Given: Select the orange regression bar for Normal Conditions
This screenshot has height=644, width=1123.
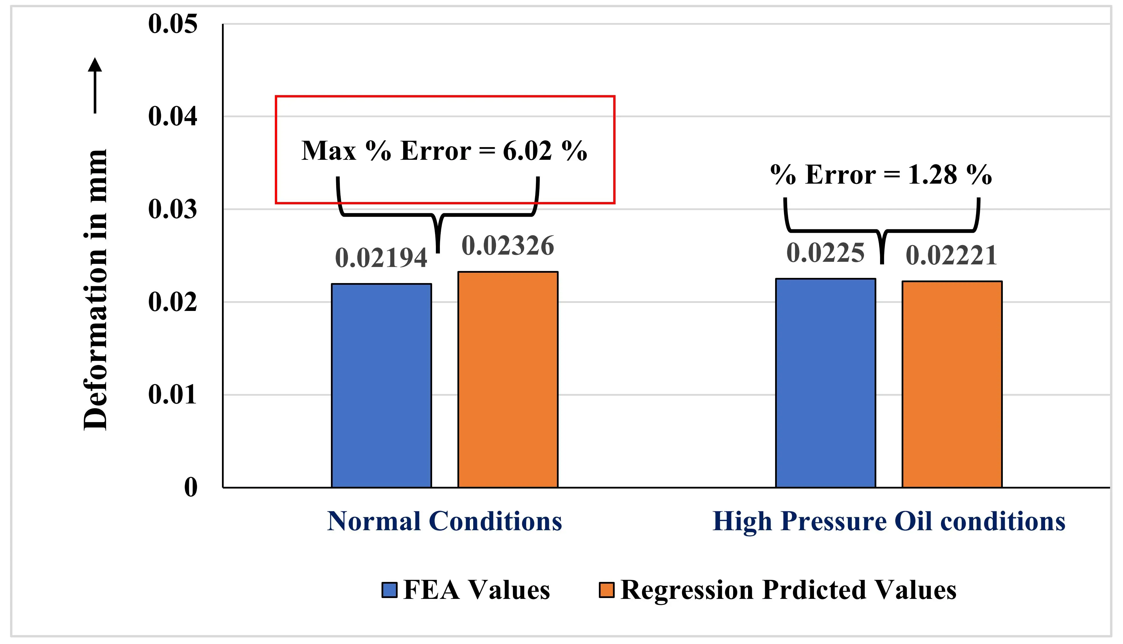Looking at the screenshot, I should (x=507, y=380).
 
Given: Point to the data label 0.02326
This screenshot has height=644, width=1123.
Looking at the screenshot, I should (x=507, y=246).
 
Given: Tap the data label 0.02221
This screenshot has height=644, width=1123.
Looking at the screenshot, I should (x=952, y=256).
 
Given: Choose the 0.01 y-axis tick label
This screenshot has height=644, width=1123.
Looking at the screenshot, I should (x=173, y=395).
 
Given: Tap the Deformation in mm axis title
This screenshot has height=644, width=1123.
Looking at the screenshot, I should (x=95, y=290).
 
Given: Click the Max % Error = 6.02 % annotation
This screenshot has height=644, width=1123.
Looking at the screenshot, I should (x=444, y=151).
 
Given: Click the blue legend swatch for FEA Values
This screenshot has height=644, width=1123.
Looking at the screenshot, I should (x=389, y=590).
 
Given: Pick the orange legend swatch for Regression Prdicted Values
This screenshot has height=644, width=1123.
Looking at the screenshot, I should (x=606, y=590).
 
